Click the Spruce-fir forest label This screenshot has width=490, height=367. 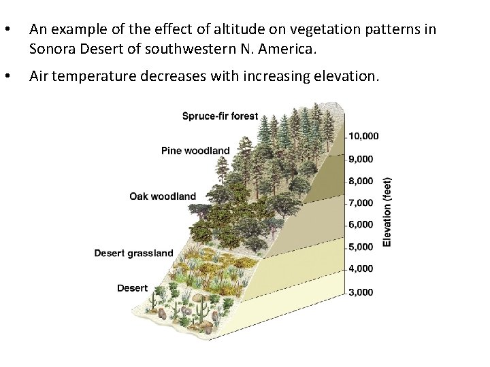coord(220,116)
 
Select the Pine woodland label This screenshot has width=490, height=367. coord(195,150)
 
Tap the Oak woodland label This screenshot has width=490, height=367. coord(163,196)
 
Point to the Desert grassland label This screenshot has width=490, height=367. coord(133,254)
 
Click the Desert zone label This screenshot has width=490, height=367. coord(132,288)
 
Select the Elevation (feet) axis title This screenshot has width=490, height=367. coord(387,212)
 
